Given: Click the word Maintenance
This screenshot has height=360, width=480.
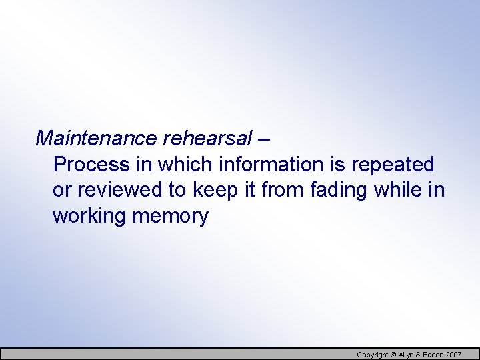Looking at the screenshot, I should click(x=96, y=138).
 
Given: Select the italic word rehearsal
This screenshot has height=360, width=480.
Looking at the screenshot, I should click(x=207, y=138).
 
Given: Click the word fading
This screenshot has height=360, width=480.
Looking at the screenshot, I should click(x=339, y=190).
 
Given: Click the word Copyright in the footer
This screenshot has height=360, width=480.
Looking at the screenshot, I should click(x=373, y=355).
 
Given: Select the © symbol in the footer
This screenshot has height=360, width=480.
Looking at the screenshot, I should click(x=393, y=355).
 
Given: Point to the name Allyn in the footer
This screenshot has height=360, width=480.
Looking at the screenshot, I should click(x=407, y=355).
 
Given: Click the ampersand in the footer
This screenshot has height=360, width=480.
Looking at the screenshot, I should click(x=421, y=355).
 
